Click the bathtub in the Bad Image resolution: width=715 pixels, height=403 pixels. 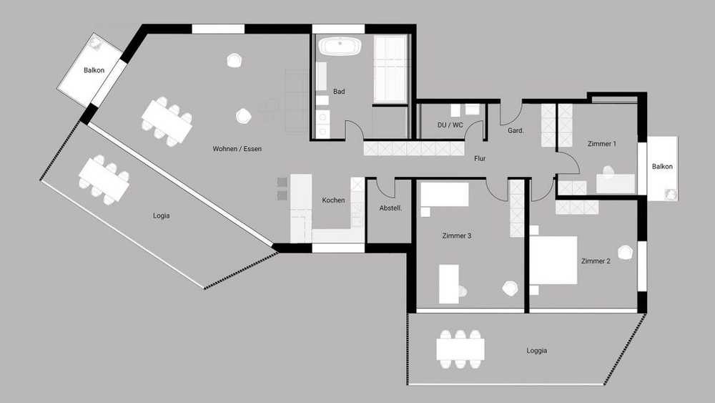(x=340, y=47)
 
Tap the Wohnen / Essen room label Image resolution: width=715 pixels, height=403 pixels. (x=237, y=149)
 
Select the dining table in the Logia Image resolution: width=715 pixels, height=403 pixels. (x=104, y=180)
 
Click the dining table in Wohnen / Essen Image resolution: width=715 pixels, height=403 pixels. (x=167, y=122)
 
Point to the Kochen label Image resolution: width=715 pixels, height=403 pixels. (x=333, y=200)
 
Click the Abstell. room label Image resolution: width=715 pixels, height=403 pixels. (x=390, y=208)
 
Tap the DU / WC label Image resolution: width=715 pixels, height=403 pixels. (x=450, y=125)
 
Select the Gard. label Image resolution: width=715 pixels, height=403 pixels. (x=516, y=130)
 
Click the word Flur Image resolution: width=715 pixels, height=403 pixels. (x=480, y=158)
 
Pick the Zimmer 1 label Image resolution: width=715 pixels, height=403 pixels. (x=602, y=144)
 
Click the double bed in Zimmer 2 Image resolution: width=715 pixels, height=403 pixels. (x=553, y=260)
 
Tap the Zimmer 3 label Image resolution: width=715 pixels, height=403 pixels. (x=456, y=236)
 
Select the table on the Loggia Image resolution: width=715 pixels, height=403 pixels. (x=460, y=349)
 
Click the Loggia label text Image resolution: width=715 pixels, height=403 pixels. (x=537, y=351)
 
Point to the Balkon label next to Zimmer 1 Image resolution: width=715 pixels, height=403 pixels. (x=662, y=167)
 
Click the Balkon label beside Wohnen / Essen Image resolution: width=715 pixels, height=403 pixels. (x=94, y=70)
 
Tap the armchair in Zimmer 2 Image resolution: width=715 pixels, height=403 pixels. (x=626, y=253)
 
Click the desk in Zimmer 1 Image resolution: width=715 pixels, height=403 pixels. (x=616, y=183)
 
